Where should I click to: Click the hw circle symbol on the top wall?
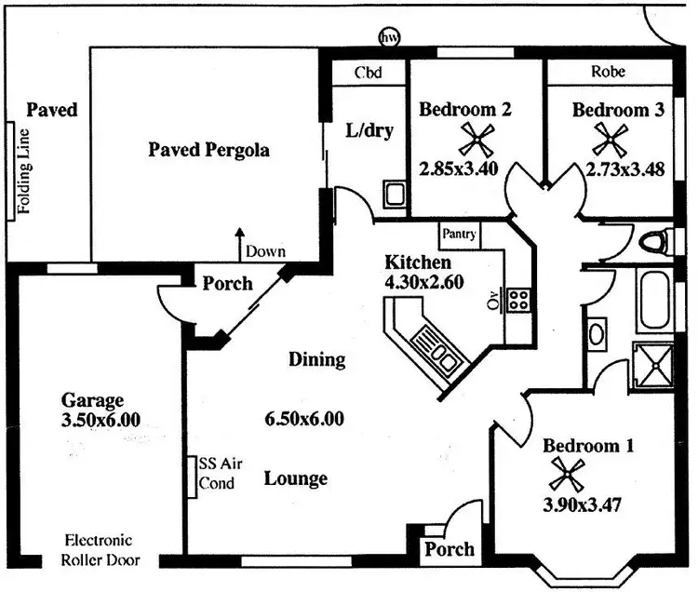coord(388,38)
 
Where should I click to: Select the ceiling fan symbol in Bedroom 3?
coord(611,140)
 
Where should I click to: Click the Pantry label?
coord(460,234)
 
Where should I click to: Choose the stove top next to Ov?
coord(518,300)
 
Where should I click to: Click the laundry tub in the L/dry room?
coord(393,195)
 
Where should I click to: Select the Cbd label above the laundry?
coord(366,72)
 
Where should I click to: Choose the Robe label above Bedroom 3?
coord(608,72)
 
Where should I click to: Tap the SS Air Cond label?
coord(216,473)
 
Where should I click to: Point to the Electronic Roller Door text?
coord(99,550)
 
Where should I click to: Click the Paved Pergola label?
coord(209,150)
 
